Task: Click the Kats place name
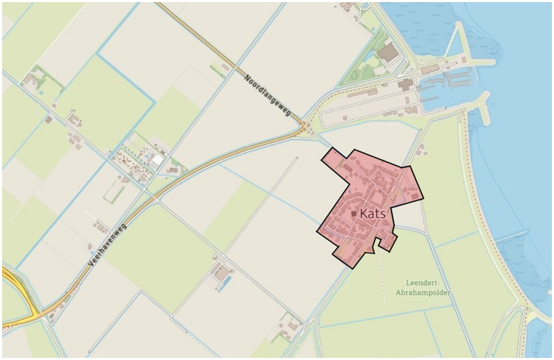tap(373, 214)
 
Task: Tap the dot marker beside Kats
tap(354, 213)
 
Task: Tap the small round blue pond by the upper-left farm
tap(40, 91)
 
